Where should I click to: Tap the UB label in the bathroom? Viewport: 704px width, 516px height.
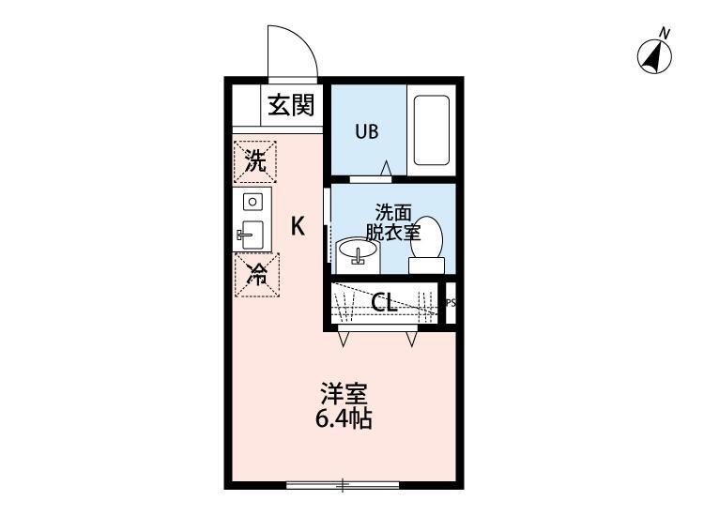366,131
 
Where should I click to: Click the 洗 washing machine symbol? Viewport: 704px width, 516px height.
255,160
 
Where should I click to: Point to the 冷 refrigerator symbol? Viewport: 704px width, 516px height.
255,275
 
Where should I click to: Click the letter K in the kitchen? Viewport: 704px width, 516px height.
297,226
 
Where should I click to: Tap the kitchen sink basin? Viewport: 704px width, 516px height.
253,234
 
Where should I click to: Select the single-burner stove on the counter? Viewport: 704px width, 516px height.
253,201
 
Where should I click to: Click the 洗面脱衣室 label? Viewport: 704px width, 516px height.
393,222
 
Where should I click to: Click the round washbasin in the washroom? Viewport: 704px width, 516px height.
357,251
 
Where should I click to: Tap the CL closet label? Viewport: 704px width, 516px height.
383,303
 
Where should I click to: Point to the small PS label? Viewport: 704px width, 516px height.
450,303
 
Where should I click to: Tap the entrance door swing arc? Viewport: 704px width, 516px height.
293,49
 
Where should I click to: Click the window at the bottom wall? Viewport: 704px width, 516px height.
343,485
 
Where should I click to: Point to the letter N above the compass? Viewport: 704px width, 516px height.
665,34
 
